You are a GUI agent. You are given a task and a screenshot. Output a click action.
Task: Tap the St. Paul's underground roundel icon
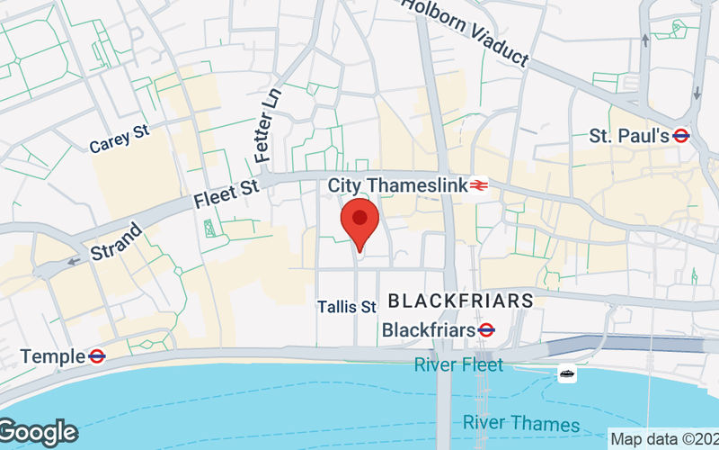tap(681, 136)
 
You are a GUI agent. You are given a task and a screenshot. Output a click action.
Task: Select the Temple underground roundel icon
tap(96, 356)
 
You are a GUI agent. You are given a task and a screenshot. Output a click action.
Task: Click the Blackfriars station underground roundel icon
tap(486, 330)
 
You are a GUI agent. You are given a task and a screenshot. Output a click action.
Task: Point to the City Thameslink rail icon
tap(478, 185)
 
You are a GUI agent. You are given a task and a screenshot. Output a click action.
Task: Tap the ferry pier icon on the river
tap(567, 373)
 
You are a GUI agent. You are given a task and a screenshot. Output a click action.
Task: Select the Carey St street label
tap(119, 138)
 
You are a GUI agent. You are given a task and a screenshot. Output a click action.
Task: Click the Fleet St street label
tap(226, 193)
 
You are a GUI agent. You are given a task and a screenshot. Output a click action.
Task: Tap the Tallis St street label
tap(346, 307)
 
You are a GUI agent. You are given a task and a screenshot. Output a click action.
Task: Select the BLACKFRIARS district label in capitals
tap(460, 301)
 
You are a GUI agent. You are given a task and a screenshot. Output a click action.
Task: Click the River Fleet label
tap(458, 365)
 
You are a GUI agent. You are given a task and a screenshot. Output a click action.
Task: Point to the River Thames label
tap(521, 422)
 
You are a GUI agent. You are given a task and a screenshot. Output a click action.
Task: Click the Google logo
tap(39, 433)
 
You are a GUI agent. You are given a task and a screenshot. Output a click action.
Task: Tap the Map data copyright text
tap(663, 440)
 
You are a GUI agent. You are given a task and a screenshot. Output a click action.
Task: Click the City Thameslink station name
tap(397, 184)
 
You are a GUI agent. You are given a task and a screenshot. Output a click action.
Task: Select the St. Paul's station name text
tap(629, 136)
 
